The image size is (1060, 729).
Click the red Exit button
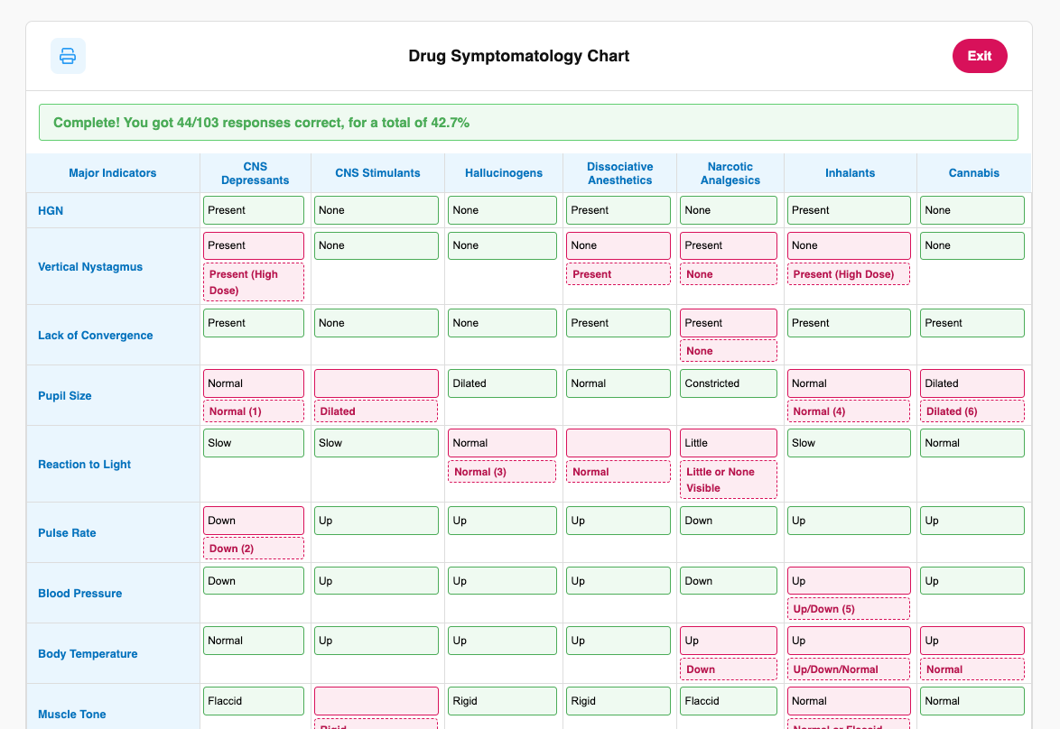point(980,56)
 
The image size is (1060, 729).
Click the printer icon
point(68,56)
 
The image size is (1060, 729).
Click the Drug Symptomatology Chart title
point(518,56)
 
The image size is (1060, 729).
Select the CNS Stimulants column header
point(377,173)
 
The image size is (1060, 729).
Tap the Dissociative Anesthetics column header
point(619,173)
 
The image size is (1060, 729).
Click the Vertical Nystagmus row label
point(90,267)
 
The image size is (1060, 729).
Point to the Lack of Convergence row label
point(95,336)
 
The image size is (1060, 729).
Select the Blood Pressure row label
point(79,594)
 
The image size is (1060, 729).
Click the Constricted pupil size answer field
point(728,383)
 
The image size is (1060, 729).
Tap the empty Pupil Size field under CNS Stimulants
point(376,383)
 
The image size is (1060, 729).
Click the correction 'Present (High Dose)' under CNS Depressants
point(253,281)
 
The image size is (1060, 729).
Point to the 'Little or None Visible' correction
point(728,480)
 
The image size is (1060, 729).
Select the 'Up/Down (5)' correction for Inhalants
point(848,609)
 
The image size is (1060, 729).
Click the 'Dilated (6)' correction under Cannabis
point(972,411)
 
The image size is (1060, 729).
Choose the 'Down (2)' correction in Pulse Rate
point(253,549)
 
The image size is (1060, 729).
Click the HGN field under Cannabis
point(972,210)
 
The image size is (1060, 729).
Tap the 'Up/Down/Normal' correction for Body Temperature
point(848,669)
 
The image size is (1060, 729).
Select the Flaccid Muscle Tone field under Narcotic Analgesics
point(728,701)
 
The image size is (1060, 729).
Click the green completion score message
point(528,123)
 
